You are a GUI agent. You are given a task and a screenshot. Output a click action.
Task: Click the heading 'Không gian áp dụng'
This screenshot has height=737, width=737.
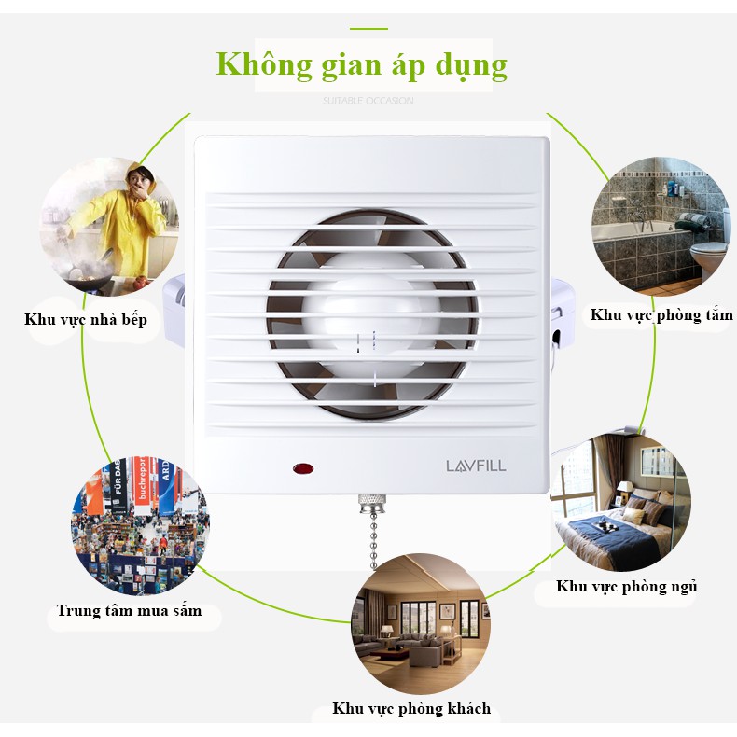coord(362,64)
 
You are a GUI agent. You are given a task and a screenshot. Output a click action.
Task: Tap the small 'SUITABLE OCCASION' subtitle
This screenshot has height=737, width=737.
coord(368,101)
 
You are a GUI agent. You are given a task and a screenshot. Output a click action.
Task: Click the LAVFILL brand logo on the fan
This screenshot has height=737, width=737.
coord(476,465)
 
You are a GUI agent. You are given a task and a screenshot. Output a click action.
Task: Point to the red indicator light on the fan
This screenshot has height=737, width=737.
coord(302,465)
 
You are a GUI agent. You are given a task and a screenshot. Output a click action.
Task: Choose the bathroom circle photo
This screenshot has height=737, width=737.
coord(660,225)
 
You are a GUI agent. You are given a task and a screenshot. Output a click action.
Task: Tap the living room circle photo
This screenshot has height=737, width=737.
coord(420,623)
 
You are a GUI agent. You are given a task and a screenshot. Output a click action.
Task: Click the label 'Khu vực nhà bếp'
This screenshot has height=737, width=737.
coord(86,320)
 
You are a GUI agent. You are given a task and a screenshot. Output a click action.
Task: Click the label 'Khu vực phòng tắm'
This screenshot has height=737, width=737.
coord(661,315)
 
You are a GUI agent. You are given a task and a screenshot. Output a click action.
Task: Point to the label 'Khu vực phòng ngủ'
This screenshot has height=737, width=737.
coord(627,587)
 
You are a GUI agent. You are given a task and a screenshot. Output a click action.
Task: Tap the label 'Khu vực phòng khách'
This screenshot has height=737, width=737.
coord(411,709)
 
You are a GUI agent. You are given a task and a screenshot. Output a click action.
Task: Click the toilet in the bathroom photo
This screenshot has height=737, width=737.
coord(712,255)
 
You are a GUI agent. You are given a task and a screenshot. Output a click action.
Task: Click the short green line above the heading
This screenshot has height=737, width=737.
coord(368,28)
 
